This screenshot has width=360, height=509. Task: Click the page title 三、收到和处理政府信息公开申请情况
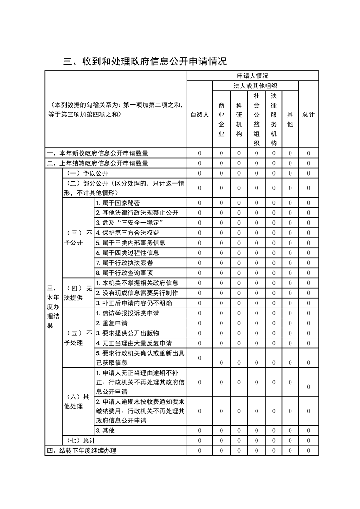145,61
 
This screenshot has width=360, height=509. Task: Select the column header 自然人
199,115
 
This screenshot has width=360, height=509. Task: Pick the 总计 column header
308,115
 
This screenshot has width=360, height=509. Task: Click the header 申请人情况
252,76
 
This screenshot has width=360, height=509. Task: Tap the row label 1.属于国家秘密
114,203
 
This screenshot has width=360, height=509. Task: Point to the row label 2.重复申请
111,323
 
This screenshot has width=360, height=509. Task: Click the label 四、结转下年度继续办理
82,450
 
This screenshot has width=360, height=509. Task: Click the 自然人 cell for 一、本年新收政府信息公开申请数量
199,153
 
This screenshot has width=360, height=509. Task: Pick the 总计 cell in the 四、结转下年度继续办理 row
308,450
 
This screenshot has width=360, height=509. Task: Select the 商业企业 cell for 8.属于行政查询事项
222,273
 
